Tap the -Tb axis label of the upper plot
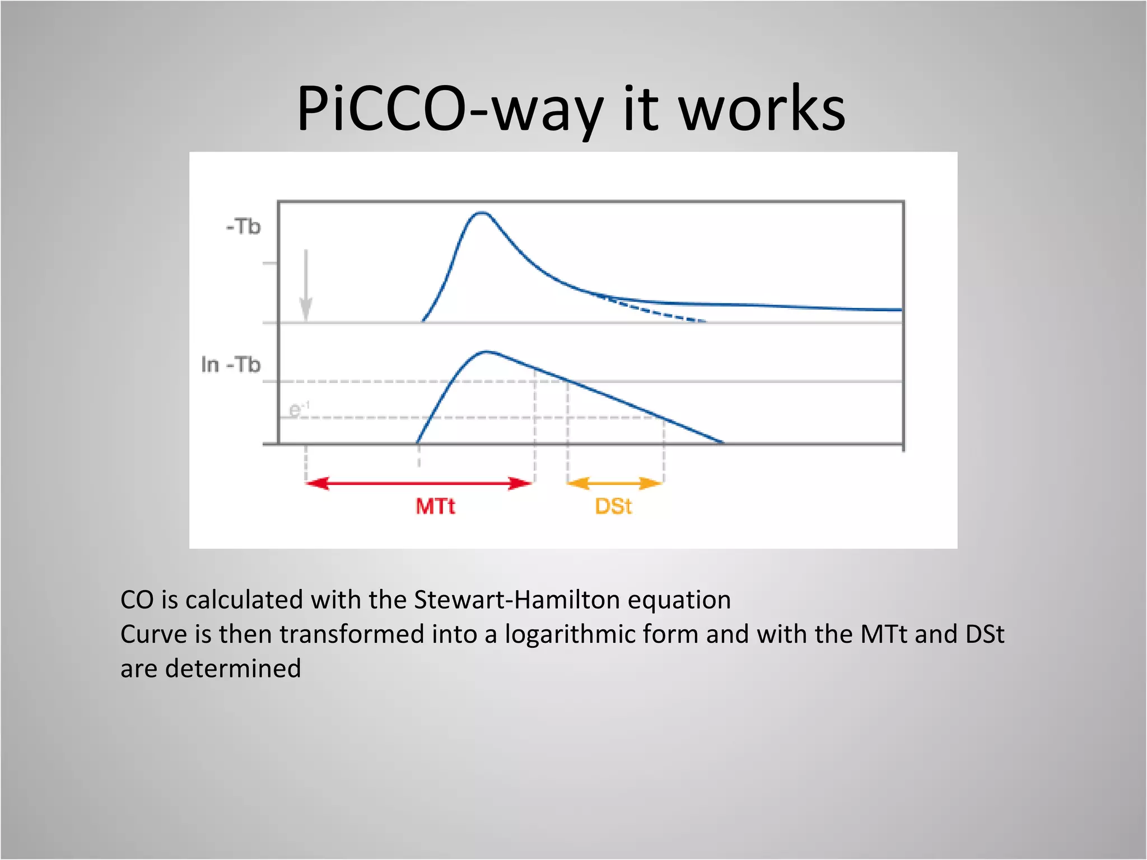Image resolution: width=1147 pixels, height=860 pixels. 244,227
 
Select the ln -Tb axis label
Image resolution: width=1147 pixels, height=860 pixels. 231,365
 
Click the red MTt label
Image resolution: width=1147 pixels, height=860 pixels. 435,507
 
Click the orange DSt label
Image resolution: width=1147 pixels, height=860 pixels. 613,507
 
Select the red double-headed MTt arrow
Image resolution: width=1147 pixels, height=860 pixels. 419,483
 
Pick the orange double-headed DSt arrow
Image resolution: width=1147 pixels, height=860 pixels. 615,483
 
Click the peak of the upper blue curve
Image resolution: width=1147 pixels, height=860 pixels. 482,213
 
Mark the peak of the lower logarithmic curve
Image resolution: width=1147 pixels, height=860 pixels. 487,352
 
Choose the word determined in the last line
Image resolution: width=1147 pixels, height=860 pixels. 233,669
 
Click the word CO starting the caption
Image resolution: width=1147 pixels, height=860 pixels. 137,600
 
